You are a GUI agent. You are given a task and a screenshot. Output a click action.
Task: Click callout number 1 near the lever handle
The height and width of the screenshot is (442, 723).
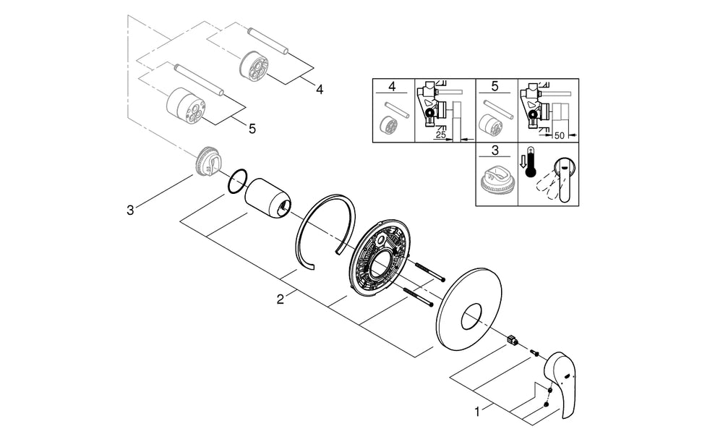478,411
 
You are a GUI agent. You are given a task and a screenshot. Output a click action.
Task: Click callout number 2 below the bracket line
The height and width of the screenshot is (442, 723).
281,299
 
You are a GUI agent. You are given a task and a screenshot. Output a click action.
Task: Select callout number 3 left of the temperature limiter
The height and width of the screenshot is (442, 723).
130,211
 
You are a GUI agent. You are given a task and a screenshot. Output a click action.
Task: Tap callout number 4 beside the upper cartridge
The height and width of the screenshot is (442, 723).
320,89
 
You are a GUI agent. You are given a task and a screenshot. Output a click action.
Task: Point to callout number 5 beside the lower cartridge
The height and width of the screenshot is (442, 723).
252,129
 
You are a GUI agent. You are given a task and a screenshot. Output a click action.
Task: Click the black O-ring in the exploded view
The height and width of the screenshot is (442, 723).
237,182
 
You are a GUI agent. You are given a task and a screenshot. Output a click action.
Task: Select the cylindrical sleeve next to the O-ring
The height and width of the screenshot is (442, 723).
268,197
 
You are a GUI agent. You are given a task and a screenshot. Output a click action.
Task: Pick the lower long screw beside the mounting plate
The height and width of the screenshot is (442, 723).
419,296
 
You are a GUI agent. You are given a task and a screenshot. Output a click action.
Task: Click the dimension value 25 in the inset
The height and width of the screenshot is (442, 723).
441,135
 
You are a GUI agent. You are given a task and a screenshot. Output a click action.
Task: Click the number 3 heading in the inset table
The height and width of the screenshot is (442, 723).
495,150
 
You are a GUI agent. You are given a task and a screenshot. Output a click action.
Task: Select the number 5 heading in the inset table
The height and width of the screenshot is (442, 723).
495,86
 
